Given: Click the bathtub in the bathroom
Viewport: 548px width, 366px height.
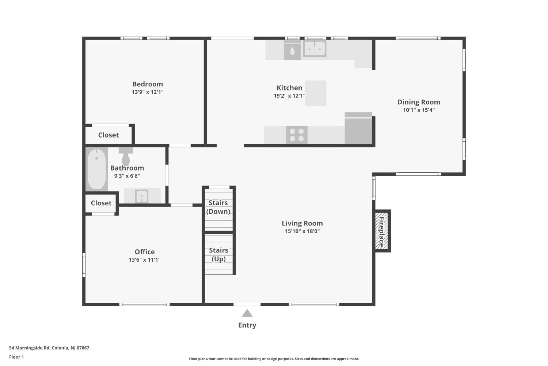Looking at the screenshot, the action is tap(97, 169).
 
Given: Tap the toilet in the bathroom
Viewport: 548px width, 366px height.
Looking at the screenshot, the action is tap(126, 156).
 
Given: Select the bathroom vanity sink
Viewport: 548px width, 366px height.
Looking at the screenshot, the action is tap(142, 196).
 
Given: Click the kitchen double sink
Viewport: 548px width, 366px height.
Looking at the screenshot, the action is tap(315, 49).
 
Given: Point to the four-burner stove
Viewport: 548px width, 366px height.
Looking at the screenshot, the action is tap(297, 135).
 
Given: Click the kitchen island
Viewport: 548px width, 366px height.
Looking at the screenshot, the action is tap(316, 93).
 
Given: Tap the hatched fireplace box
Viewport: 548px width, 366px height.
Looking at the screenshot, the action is tap(382, 231).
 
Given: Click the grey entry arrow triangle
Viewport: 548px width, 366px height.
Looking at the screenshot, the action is tap(247, 313).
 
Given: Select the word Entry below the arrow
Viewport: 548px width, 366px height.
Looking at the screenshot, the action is tap(247, 325).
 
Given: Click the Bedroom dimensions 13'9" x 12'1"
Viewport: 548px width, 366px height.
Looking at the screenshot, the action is tap(148, 92).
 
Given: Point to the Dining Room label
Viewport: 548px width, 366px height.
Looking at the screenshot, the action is tap(419, 102).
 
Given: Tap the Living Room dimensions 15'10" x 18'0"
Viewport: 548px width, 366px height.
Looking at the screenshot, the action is tap(302, 231).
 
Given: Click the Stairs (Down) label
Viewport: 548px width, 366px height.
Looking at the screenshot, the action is tap(218, 207).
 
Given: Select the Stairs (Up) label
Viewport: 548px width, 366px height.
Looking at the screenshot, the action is tap(218, 254).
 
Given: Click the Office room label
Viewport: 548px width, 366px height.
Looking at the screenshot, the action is tap(145, 252).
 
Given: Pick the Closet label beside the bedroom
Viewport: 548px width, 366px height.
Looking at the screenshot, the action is tap(109, 135).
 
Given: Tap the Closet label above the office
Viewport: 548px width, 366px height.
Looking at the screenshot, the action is tap(101, 203).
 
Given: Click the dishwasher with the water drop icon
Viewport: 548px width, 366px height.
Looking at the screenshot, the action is tap(292, 50).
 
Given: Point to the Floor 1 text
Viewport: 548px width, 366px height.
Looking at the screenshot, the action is tap(16, 357).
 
